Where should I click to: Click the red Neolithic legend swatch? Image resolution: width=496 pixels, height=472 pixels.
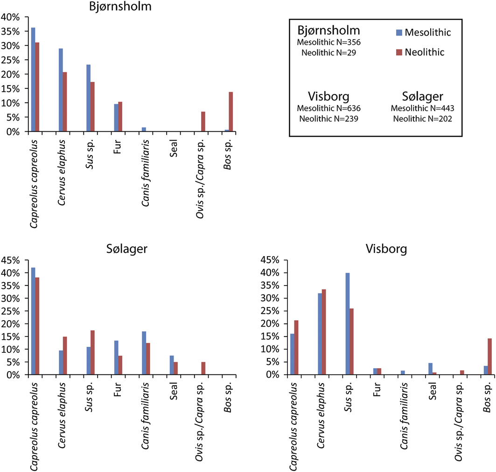tap(398, 52)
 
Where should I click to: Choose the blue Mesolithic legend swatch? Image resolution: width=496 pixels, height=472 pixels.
tap(398, 32)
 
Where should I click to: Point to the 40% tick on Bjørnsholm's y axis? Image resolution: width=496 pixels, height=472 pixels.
tap(10, 17)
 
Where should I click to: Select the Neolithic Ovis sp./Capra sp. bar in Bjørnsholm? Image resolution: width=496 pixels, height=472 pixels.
tap(203, 122)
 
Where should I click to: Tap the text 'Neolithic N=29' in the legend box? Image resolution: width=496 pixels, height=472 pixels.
tap(329, 52)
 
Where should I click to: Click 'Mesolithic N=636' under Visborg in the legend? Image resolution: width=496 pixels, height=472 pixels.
tap(329, 108)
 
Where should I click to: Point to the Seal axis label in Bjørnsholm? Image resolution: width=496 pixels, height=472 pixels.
tap(174, 146)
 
